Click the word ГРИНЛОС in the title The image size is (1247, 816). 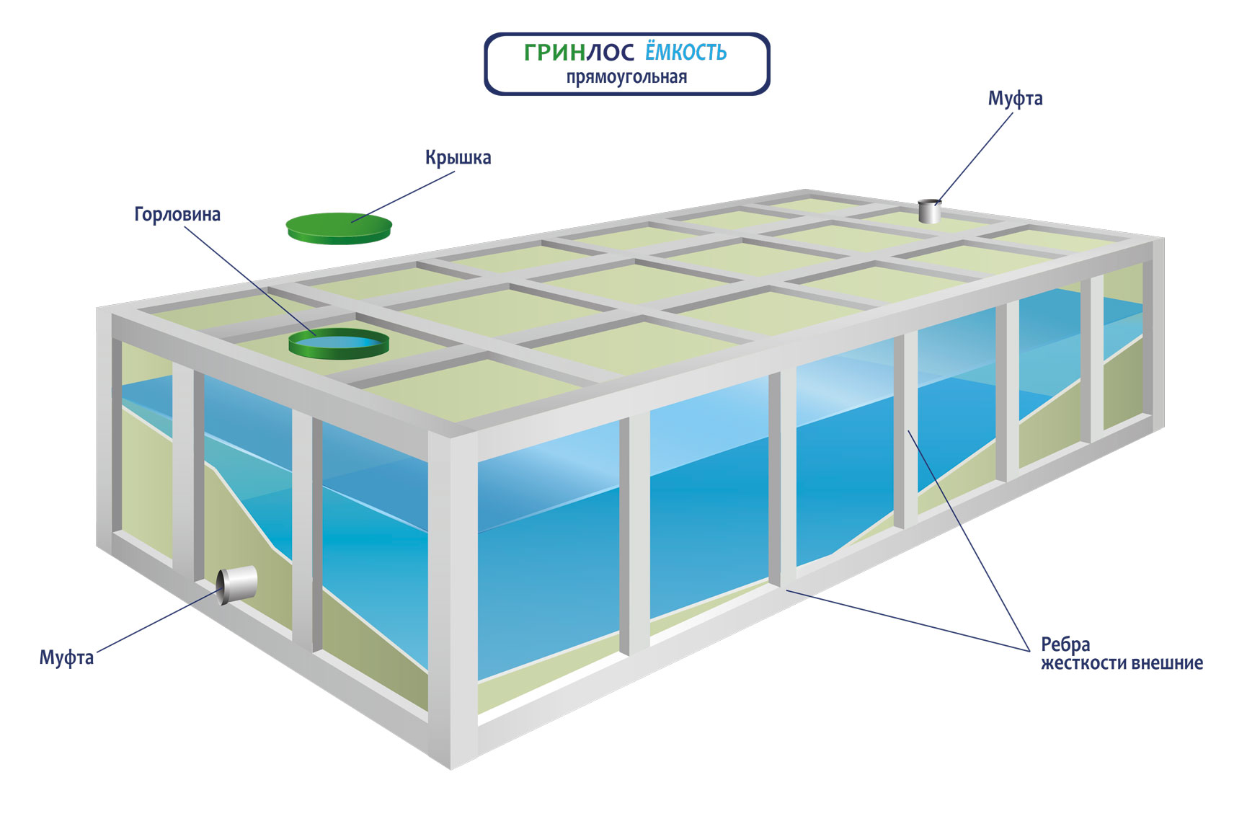[x=579, y=53]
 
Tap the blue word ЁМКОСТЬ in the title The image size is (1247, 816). [x=685, y=53]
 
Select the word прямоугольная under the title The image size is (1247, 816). [x=626, y=77]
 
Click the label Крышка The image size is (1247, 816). [x=458, y=158]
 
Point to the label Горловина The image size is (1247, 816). [x=177, y=215]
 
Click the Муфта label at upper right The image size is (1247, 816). [x=1015, y=99]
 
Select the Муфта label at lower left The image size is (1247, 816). [x=66, y=657]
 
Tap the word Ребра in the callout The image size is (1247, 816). [x=1065, y=644]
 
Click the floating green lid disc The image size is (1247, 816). [x=339, y=228]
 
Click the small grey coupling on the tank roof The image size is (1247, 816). [x=930, y=212]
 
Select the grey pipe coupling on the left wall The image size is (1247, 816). [x=238, y=585]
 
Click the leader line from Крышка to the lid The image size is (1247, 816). [x=404, y=196]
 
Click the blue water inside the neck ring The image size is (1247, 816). [x=339, y=340]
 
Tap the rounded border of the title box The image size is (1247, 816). [x=627, y=34]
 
